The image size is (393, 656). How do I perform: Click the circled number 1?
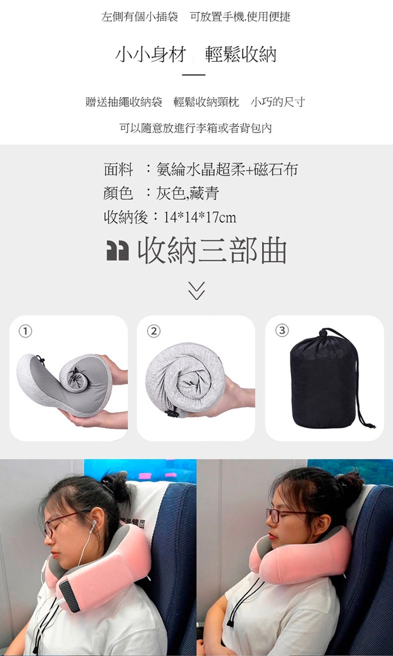click(x=25, y=331)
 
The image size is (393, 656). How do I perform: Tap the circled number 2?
click(x=154, y=331)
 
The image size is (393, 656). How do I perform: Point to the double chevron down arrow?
click(x=196, y=290)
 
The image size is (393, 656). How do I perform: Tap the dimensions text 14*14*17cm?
click(x=200, y=217)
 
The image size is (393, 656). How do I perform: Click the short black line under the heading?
click(x=194, y=75)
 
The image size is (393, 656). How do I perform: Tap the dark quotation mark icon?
click(x=117, y=252)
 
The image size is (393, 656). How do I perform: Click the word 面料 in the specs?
click(x=118, y=170)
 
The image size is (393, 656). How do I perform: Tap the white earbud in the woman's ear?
click(x=93, y=524)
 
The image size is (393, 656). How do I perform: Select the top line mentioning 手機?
click(x=196, y=17)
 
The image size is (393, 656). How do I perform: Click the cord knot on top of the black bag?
click(x=323, y=333)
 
